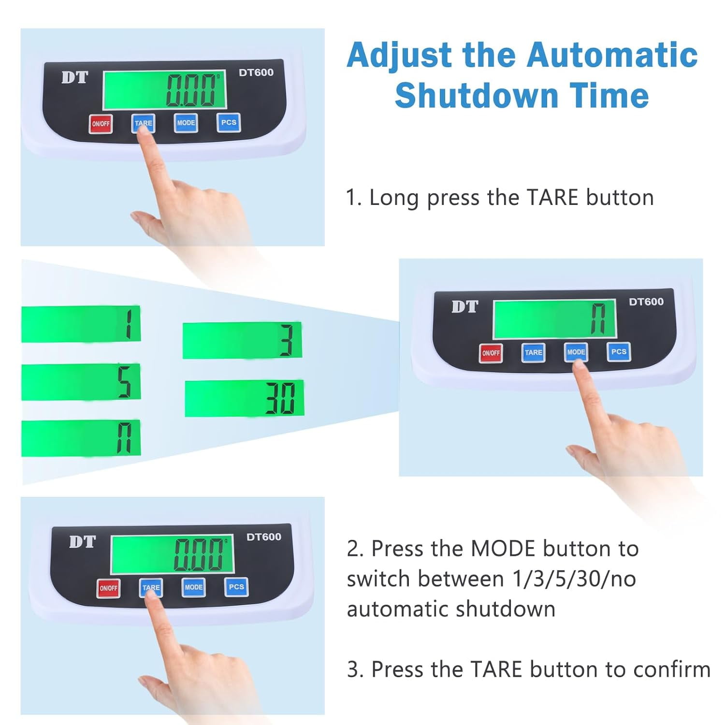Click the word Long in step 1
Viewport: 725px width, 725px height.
tap(394, 198)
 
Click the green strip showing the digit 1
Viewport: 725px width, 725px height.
tap(81, 324)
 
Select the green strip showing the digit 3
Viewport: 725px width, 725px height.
tap(242, 340)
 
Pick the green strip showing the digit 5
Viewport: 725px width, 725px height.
tap(81, 382)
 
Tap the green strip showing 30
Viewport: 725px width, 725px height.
tap(245, 398)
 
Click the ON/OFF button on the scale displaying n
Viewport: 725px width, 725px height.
tap(491, 353)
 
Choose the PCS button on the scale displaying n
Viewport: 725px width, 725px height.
tap(619, 352)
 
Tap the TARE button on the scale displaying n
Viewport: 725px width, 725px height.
tap(533, 352)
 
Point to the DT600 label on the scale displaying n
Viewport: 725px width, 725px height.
tap(646, 302)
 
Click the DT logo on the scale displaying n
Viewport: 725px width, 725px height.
tap(464, 306)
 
